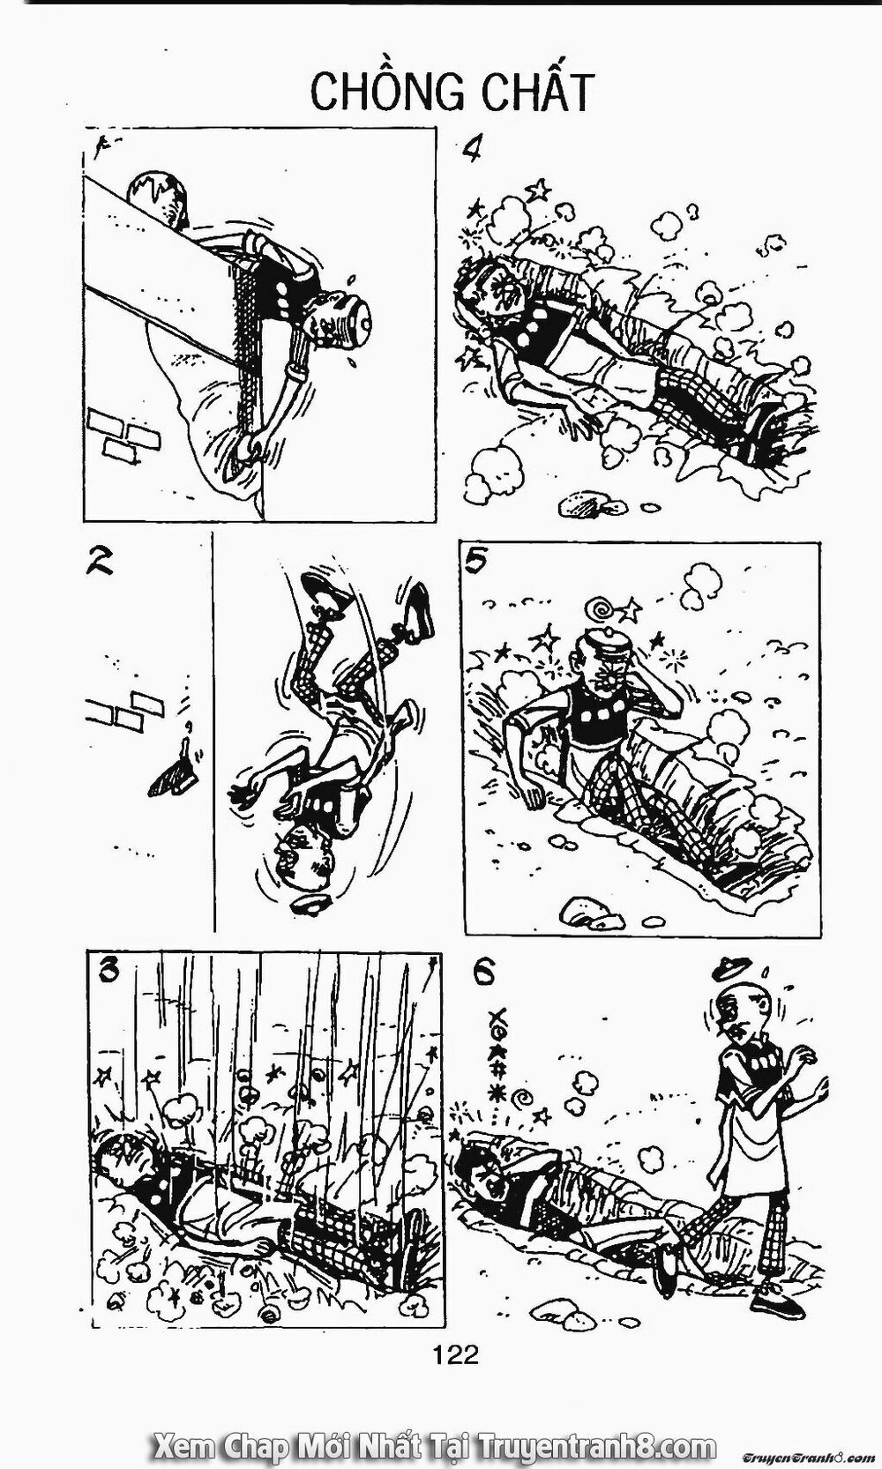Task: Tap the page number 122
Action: coord(456,1355)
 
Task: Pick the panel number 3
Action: coord(108,971)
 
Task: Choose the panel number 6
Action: coord(484,973)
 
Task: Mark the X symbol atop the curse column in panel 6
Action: coord(497,1013)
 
